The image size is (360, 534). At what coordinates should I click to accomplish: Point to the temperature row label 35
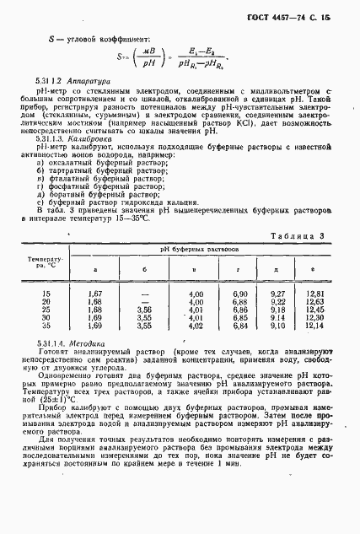[x=46, y=324]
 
